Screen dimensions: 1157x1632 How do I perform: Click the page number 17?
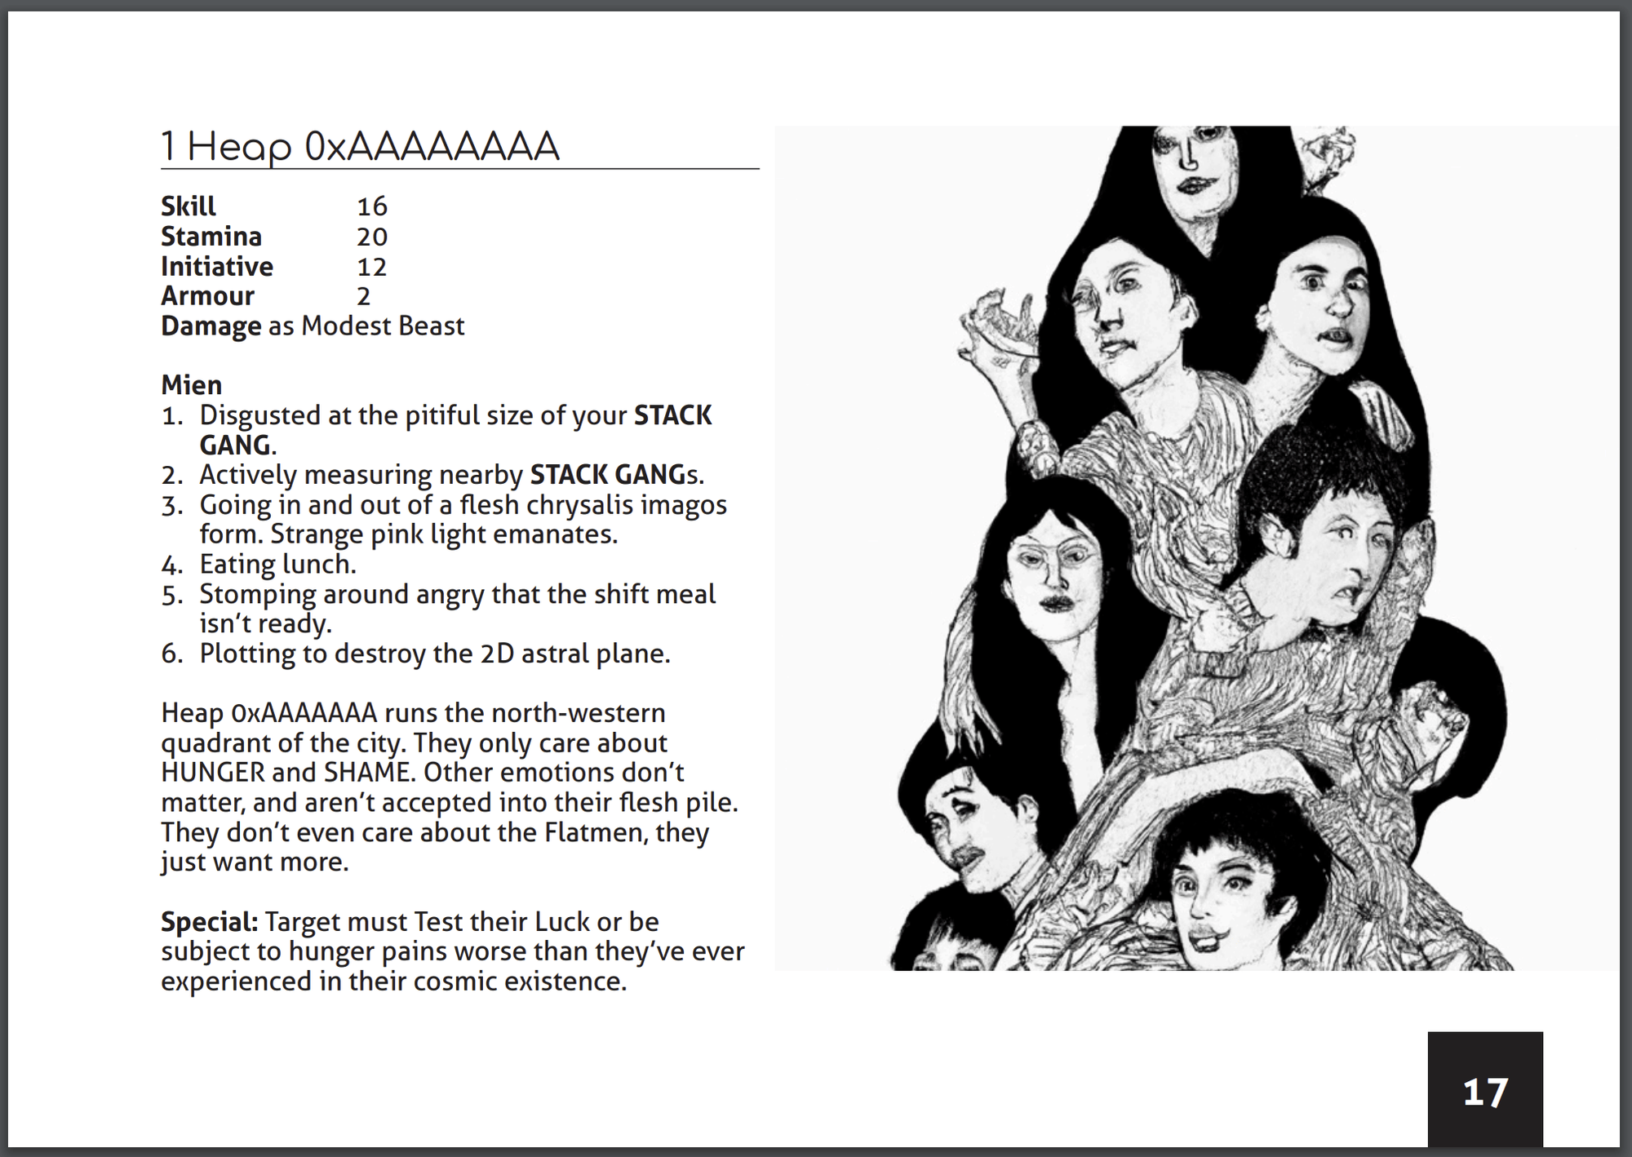[x=1485, y=1092]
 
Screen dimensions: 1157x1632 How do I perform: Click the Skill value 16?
[x=372, y=206]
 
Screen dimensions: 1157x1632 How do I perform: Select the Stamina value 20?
[x=372, y=237]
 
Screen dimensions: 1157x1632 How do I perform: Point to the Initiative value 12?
[x=372, y=267]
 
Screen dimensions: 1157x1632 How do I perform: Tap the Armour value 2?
[x=364, y=296]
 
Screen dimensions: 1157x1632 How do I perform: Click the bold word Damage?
[x=211, y=326]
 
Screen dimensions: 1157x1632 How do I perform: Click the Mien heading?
[x=191, y=385]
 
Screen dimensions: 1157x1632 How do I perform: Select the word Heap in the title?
[x=239, y=148]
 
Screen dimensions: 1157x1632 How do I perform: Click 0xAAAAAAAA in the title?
[x=432, y=147]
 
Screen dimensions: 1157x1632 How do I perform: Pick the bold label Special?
[x=209, y=922]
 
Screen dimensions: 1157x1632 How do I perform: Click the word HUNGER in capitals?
[x=213, y=773]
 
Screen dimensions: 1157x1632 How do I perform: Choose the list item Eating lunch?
[x=277, y=565]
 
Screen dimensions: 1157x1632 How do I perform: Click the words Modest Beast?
[x=383, y=326]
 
